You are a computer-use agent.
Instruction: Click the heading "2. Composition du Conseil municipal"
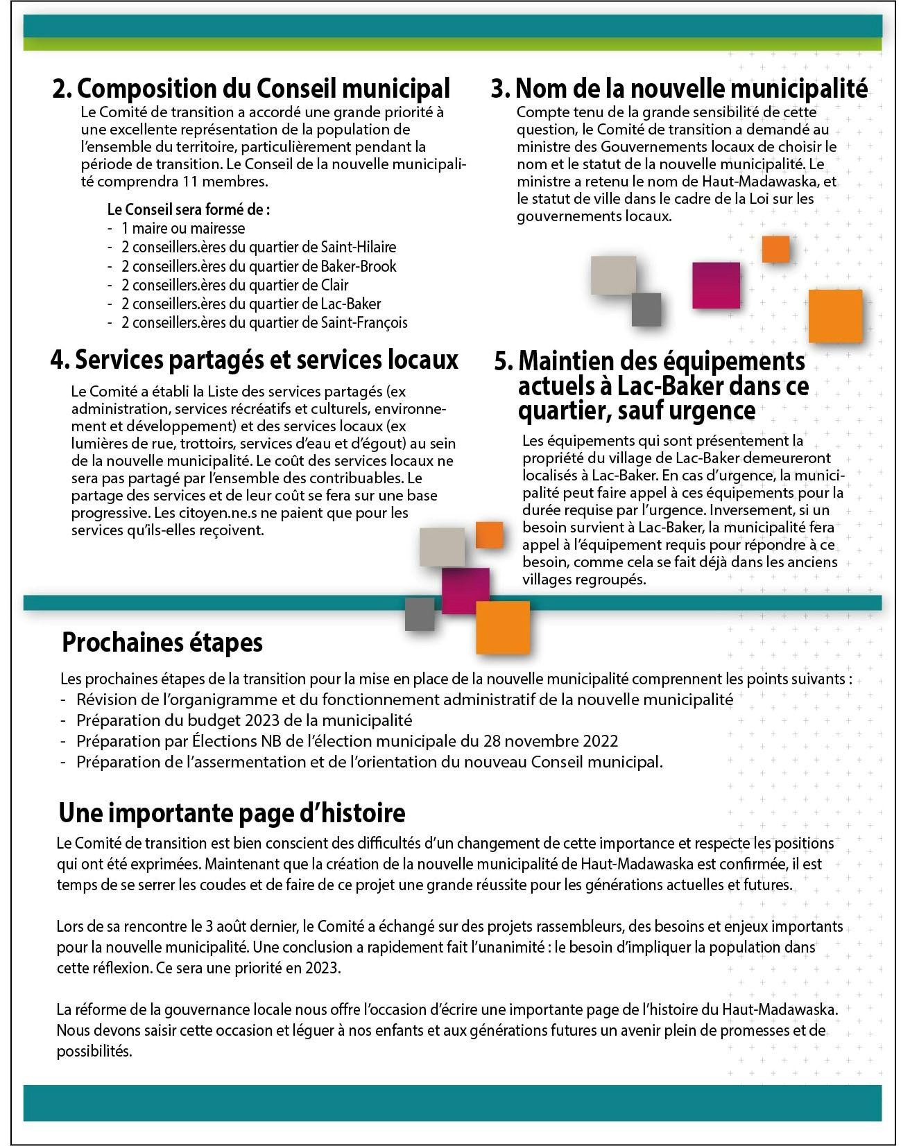coord(251,89)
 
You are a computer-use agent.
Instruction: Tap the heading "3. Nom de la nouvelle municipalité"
coord(679,89)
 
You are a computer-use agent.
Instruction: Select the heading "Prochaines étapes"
coord(162,643)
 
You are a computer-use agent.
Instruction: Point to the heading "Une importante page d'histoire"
coord(232,812)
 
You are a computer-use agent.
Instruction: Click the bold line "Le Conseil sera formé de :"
coord(189,209)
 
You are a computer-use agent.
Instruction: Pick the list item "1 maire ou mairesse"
coord(183,228)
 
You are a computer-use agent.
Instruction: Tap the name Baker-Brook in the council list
coord(359,266)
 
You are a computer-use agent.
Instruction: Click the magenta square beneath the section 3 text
coord(716,285)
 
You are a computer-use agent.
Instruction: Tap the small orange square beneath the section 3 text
coord(775,249)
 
